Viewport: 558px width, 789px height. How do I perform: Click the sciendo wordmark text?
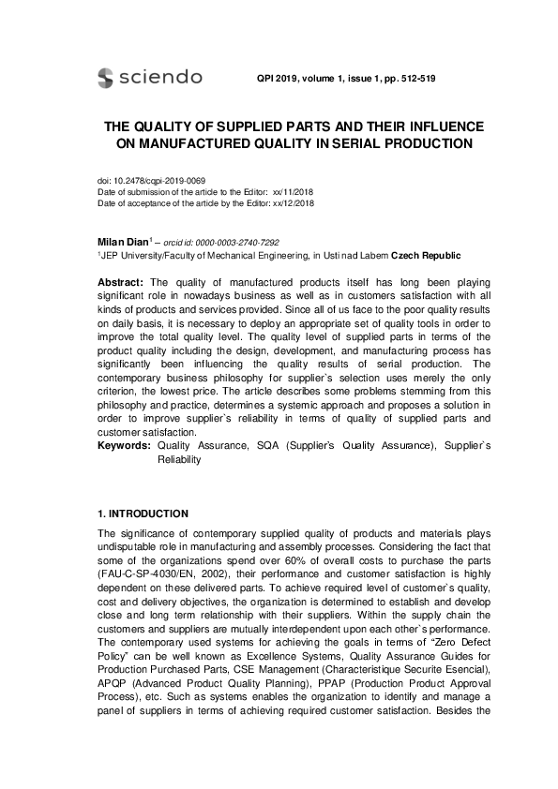(x=159, y=77)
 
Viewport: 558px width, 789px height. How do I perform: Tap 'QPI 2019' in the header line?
(x=276, y=79)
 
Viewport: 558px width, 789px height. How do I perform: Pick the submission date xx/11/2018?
(x=293, y=191)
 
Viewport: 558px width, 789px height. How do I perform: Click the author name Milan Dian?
(x=122, y=242)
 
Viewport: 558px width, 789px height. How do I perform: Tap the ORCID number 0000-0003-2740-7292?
(x=238, y=242)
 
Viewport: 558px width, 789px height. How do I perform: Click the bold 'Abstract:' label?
(x=121, y=282)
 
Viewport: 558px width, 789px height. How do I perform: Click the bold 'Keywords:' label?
(x=125, y=447)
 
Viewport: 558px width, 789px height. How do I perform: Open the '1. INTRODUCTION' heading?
(x=143, y=514)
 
